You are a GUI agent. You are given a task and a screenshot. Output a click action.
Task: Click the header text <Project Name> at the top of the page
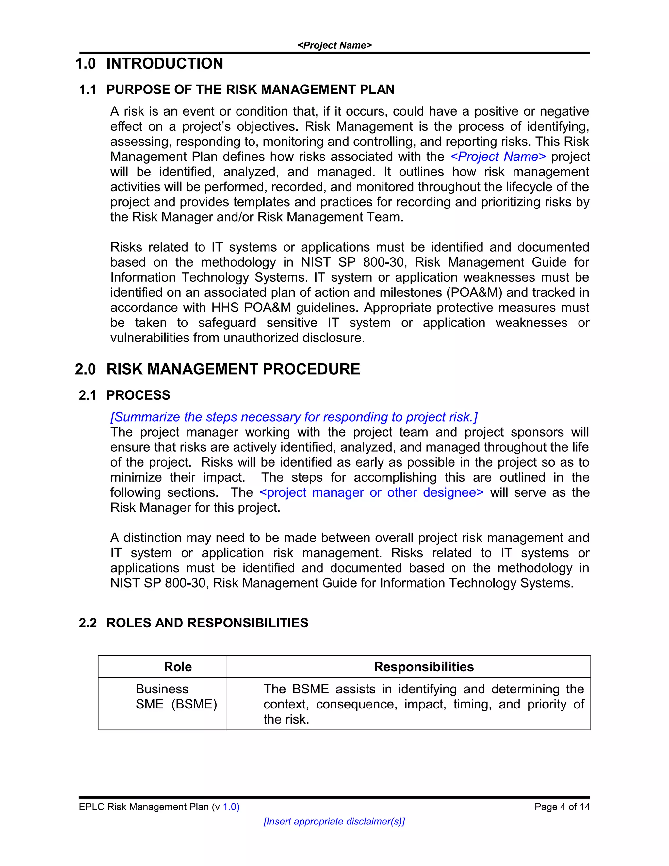pyautogui.click(x=334, y=45)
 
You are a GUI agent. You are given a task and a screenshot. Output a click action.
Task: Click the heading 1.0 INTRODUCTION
pyautogui.click(x=149, y=63)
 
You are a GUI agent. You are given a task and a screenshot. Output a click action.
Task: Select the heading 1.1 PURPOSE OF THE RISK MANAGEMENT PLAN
pyautogui.click(x=237, y=90)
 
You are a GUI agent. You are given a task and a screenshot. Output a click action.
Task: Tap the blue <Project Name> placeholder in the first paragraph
pyautogui.click(x=498, y=157)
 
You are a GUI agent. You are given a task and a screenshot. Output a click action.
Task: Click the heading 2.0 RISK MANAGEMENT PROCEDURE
pyautogui.click(x=217, y=369)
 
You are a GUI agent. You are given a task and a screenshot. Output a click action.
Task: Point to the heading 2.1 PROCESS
pyautogui.click(x=124, y=395)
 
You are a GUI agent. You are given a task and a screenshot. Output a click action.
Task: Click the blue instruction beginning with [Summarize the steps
pyautogui.click(x=294, y=417)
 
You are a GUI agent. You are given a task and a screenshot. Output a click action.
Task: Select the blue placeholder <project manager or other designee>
pyautogui.click(x=371, y=492)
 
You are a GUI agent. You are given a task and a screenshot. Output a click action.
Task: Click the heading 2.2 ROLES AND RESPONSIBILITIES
pyautogui.click(x=193, y=623)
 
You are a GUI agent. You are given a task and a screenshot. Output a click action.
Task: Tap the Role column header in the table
pyautogui.click(x=178, y=667)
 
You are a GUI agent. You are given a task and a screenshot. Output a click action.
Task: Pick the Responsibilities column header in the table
pyautogui.click(x=423, y=667)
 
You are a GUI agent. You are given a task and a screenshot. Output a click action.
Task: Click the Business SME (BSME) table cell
pyautogui.click(x=176, y=697)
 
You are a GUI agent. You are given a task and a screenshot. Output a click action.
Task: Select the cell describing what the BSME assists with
pyautogui.click(x=423, y=704)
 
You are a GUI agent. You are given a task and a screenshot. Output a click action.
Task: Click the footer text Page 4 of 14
pyautogui.click(x=562, y=807)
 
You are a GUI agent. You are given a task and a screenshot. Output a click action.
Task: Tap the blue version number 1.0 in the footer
pyautogui.click(x=231, y=807)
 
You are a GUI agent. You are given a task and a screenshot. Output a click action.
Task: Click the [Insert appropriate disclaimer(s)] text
pyautogui.click(x=334, y=822)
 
